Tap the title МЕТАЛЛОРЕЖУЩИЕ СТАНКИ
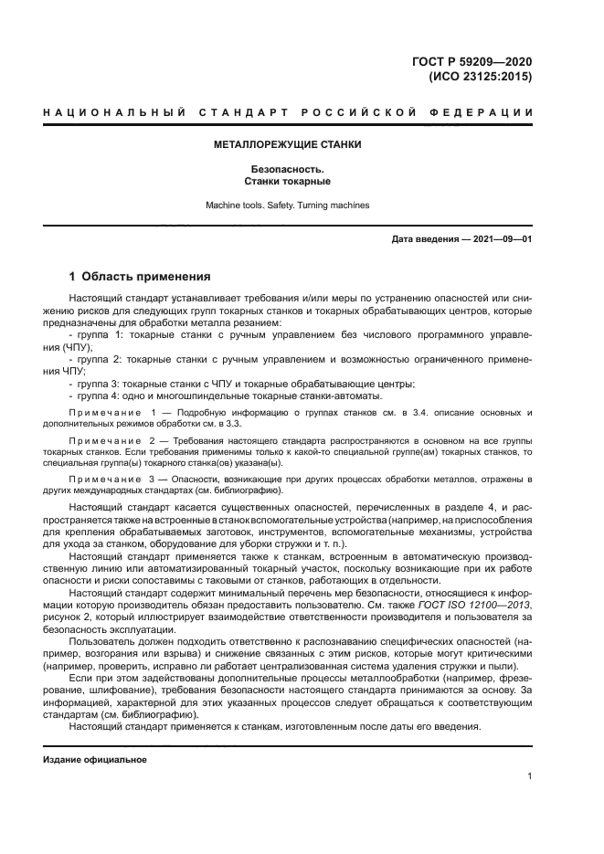pyautogui.click(x=287, y=144)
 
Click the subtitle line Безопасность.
pyautogui.click(x=287, y=169)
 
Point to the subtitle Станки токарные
pyautogui.click(x=287, y=182)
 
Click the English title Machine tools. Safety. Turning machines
pyautogui.click(x=287, y=206)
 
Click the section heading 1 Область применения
pyautogui.click(x=141, y=276)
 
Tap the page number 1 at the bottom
pyautogui.click(x=529, y=776)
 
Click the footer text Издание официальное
pyautogui.click(x=95, y=759)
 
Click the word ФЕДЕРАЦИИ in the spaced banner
pyautogui.click(x=491, y=112)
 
